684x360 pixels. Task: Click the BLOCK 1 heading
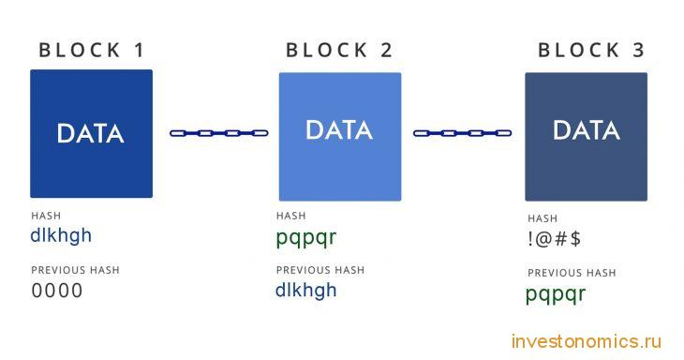91,51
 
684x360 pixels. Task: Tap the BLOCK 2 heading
339,51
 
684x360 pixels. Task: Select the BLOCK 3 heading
591,51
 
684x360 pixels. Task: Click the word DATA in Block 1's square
90,133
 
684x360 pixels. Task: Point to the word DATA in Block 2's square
339,130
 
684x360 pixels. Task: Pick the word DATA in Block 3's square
587,130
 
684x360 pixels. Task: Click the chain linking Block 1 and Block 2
219,133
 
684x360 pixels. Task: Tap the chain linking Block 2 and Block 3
462,133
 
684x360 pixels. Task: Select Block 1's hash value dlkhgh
61,235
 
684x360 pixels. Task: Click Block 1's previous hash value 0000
57,291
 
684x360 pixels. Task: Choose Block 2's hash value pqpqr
305,238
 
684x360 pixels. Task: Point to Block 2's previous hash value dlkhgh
305,291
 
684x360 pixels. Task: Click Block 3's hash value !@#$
554,239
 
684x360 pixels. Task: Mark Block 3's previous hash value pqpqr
556,294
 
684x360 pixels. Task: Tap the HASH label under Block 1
46,216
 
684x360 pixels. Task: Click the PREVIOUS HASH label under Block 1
76,270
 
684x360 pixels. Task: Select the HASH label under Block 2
291,216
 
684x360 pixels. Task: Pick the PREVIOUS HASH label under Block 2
320,270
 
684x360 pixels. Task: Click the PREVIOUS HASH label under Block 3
572,273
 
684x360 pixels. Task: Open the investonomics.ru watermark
587,341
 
